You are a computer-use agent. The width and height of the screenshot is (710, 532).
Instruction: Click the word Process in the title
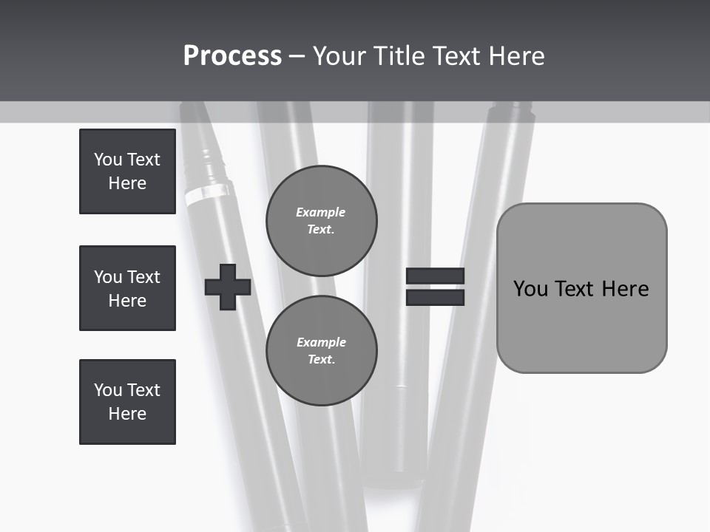232,56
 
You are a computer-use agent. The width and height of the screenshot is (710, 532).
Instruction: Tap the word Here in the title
517,56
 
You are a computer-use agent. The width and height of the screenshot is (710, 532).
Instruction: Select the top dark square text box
127,171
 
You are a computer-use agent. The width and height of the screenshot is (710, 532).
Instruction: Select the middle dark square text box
127,288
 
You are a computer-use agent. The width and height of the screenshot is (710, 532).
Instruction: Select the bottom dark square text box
127,402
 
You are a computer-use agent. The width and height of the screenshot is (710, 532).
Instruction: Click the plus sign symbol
228,287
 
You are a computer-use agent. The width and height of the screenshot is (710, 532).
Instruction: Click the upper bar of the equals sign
435,276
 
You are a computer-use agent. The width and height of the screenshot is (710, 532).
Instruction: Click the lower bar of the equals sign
435,297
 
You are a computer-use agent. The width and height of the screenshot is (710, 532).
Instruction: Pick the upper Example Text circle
322,221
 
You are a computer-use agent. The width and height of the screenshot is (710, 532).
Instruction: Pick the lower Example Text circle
322,351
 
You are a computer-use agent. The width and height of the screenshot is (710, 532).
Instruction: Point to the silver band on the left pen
198,194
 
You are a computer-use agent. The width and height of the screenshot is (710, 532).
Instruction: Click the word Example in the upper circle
321,213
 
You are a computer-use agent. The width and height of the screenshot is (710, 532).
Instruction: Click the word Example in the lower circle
321,343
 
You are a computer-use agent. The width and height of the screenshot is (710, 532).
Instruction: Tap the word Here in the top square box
127,183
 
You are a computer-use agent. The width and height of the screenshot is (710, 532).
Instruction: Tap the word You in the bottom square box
107,390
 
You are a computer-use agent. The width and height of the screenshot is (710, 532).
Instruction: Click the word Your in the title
341,56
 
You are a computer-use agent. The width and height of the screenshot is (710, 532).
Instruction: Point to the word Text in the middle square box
143,277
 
